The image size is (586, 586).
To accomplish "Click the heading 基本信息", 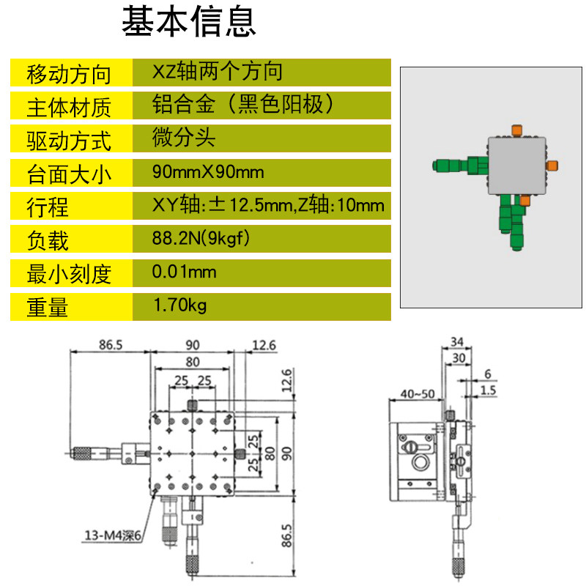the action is point(189,21).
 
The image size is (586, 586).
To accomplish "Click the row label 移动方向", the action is point(69,74).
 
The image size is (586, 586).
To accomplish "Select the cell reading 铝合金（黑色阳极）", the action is point(243,104).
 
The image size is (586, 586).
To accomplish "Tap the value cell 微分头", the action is point(184,137).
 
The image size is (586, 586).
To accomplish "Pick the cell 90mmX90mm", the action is point(208,172).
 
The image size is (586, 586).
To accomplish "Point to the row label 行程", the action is point(48,207).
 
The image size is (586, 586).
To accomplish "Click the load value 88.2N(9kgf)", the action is point(201,238).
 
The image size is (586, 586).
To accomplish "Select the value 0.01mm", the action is point(184,271).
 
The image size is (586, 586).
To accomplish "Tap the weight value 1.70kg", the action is point(179,305).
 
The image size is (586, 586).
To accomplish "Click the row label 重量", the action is point(48,307).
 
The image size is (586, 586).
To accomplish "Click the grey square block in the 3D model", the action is point(517,166).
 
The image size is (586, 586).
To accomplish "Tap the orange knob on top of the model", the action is point(517,130).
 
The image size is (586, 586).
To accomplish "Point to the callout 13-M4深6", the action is point(113,535).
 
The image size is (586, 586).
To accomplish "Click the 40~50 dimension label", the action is point(418,393).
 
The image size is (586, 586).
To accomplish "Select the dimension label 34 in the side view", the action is point(456,341).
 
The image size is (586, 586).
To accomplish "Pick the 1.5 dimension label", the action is point(488,390).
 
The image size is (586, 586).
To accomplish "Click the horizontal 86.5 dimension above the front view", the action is point(111,344).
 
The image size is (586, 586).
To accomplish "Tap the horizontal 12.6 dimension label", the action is point(264,345).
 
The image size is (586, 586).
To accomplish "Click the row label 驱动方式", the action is point(69,141).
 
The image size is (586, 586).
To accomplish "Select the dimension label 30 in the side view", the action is point(459,358).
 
